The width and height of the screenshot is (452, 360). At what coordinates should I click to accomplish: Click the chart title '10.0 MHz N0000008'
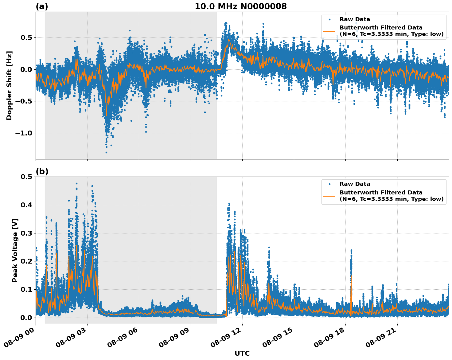(241, 6)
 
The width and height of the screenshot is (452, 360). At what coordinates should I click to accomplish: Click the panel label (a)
(42, 6)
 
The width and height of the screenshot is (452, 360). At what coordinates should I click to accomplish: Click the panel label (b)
(42, 171)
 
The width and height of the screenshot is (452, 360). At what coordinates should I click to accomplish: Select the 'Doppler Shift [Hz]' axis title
(9, 85)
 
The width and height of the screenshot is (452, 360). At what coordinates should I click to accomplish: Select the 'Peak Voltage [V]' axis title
(15, 250)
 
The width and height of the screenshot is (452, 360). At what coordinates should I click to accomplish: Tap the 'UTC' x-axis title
(242, 353)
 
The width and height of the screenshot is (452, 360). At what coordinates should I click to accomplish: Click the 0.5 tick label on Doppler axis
(26, 38)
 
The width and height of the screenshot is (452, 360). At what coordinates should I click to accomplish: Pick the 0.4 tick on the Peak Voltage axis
(26, 205)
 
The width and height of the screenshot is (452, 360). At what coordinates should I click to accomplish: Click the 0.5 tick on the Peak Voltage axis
(26, 177)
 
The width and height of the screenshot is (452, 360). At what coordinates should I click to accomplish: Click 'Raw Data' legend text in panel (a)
(355, 20)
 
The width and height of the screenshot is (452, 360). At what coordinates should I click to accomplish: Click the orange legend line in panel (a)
(329, 31)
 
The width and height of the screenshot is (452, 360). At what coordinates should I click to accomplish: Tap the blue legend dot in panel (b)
(329, 184)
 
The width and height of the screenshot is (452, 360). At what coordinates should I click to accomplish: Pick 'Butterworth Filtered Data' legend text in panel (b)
(381, 193)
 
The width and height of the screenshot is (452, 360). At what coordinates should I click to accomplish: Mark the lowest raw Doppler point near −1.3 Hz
(106, 152)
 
